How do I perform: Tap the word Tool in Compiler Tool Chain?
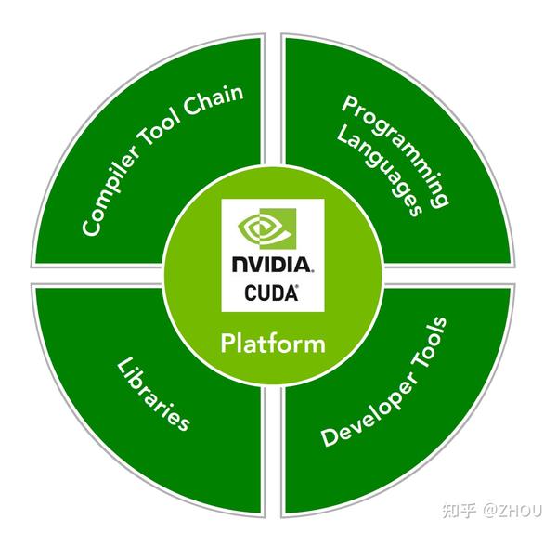pos(164,139)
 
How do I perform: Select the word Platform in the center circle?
pos(273,344)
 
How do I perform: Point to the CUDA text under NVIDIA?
pos(271,292)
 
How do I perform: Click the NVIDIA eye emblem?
pos(259,228)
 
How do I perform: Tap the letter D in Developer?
pos(326,439)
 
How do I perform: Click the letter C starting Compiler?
pos(90,226)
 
